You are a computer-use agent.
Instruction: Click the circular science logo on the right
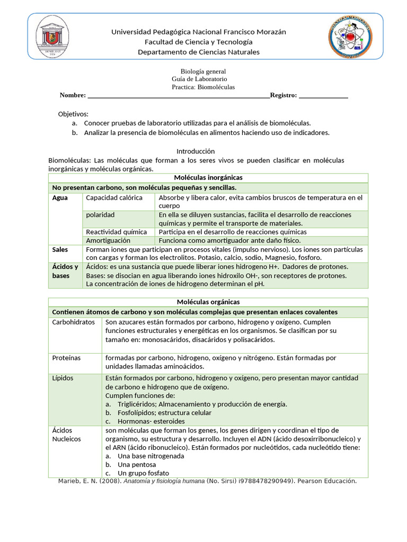click(349, 38)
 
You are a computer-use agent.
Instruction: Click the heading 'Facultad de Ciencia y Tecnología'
click(198, 42)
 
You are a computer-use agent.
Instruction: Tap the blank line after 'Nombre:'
click(178, 96)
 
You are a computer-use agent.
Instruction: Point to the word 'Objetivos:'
click(73, 114)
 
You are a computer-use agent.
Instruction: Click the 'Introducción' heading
click(196, 151)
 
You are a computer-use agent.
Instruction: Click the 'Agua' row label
click(60, 198)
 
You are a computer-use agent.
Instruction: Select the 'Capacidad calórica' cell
click(114, 198)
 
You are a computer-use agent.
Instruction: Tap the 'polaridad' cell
click(100, 215)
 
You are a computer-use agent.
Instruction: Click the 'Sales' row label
click(60, 249)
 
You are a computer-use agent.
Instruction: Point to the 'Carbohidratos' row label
click(73, 322)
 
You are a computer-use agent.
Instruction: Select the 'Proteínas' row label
click(66, 358)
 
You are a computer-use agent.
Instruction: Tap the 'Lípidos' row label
click(63, 378)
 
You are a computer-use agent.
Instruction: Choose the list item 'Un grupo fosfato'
click(143, 473)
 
